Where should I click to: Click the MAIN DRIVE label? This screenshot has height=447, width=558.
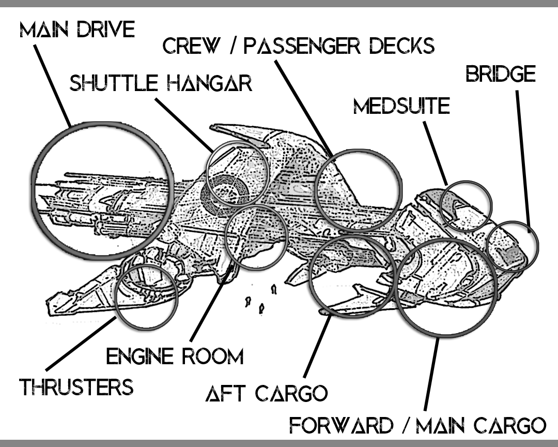[77, 29]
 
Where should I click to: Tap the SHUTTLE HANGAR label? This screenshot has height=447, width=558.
[161, 83]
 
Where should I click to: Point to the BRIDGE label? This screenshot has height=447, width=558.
[501, 74]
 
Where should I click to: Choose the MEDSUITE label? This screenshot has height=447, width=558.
[402, 106]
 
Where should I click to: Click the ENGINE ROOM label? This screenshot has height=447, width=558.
[175, 356]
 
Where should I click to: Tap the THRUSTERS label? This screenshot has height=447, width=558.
[76, 387]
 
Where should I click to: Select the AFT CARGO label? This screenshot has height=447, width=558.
[267, 394]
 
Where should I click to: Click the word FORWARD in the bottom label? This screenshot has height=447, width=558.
[342, 425]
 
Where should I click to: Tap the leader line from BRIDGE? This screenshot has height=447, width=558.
[523, 161]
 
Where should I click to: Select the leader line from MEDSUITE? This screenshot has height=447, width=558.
[436, 153]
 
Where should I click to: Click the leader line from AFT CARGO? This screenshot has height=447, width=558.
[317, 346]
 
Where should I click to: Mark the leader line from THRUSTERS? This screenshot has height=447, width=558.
[81, 343]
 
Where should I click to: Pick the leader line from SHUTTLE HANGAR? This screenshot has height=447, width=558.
[184, 124]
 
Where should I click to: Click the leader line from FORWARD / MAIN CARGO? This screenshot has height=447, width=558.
[431, 374]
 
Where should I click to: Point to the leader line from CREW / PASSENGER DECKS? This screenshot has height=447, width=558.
[304, 108]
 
